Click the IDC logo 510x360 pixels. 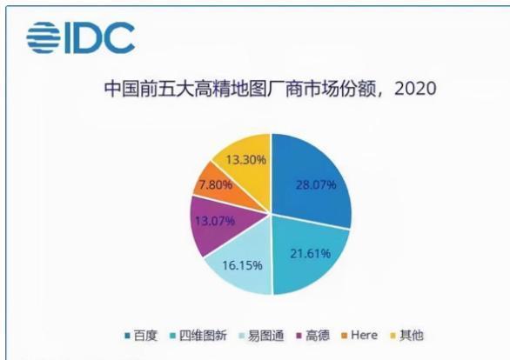[80, 37]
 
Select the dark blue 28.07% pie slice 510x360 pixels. [312, 178]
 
